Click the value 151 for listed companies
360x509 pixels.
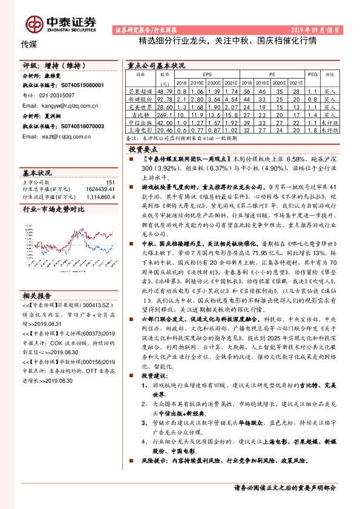click(110, 181)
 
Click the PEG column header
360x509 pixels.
click(312, 74)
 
